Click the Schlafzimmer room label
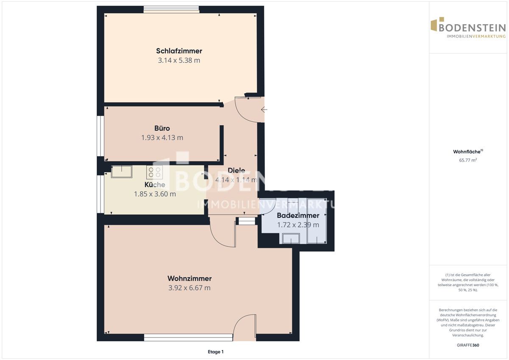coord(179,51)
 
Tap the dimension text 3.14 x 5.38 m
coord(179,60)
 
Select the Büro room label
coord(162,128)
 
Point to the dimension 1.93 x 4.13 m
coord(162,138)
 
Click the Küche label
coord(155,184)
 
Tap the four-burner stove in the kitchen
coord(154,172)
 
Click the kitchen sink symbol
coord(122,172)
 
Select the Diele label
coord(236,170)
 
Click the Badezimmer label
coord(298,215)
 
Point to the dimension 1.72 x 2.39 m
coord(298,225)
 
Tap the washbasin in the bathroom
coord(291,238)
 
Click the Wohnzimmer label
coord(190,278)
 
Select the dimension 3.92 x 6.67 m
coord(190,288)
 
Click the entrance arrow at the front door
coord(264,110)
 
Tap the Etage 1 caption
coord(215,352)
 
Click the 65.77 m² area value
coord(468,160)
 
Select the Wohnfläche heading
coord(468,152)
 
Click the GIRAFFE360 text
coord(468,345)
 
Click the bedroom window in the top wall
coord(171,9)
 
